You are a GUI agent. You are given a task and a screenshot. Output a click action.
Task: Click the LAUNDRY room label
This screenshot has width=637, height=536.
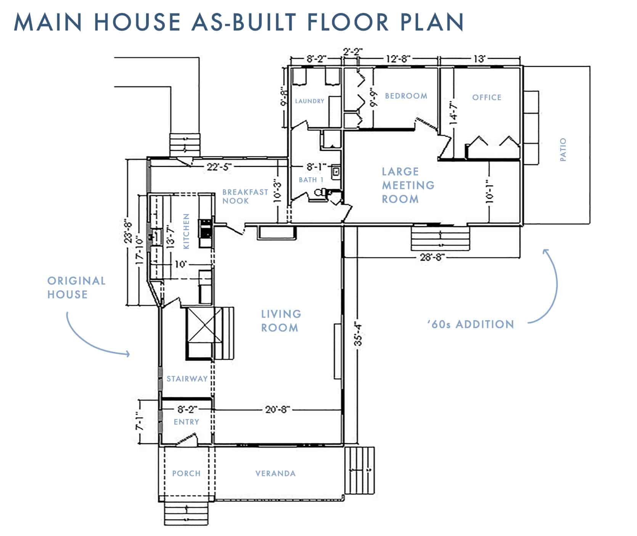coord(309,101)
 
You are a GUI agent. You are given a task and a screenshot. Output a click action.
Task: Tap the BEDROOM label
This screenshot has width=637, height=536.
coord(406,96)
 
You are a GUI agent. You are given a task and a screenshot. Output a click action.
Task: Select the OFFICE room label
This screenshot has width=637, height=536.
coord(487,97)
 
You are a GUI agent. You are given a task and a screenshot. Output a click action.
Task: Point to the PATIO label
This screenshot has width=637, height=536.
coord(563,150)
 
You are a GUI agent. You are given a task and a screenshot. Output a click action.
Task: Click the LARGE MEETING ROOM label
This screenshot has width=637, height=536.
coord(408,185)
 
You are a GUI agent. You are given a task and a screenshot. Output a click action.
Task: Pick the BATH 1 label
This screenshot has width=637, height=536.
coord(311,180)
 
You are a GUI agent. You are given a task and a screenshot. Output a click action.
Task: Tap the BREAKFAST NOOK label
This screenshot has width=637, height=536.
coord(245,196)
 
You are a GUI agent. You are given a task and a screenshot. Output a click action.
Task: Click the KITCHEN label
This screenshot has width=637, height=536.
coord(187,231)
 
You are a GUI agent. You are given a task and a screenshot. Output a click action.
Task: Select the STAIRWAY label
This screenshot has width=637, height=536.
coord(187,379)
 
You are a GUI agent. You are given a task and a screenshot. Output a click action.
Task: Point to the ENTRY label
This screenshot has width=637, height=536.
coord(187,422)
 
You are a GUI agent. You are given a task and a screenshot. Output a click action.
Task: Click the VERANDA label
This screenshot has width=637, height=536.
coord(275,473)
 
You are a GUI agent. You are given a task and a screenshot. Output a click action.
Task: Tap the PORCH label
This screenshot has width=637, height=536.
coord(186,473)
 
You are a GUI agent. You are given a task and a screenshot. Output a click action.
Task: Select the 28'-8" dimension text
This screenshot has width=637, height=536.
coord(433,257)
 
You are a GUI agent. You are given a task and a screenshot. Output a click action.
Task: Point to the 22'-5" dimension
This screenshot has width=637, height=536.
coord(219,167)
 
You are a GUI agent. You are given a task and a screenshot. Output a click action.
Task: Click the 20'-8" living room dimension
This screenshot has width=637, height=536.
coord(278,410)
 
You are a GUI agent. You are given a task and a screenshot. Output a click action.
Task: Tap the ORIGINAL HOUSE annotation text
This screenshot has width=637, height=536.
coord(76,287)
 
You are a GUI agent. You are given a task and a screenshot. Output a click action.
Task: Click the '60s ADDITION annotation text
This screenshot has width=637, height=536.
coord(471,325)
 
